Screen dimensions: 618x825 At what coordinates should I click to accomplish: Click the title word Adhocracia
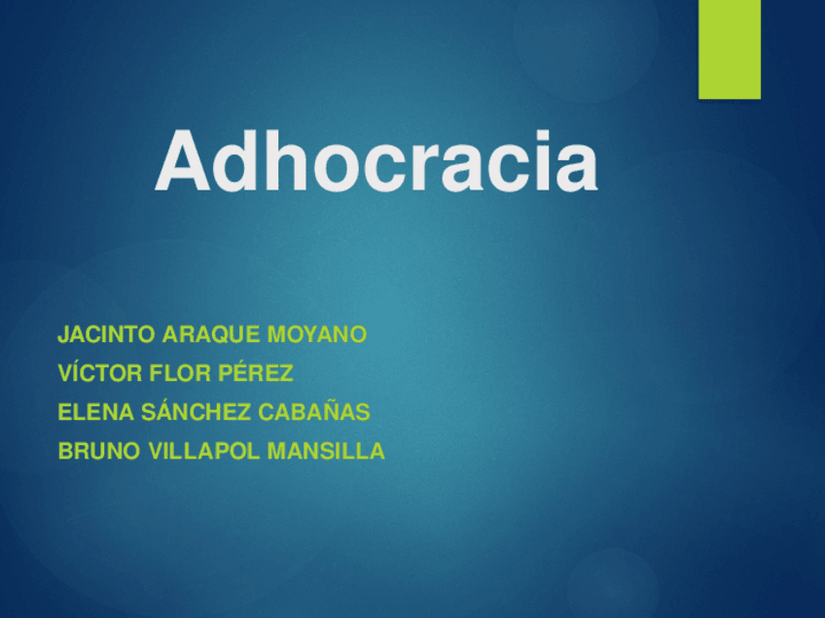pos(376,161)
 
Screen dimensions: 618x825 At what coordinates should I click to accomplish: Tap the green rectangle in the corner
pos(729,49)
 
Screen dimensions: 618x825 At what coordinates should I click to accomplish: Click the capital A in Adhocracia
pos(185,161)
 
